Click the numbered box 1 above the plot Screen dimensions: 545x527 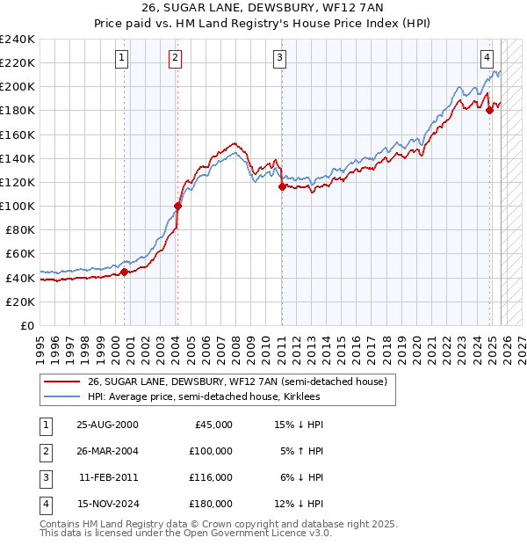pyautogui.click(x=121, y=59)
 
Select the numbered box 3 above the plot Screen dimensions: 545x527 pyautogui.click(x=279, y=59)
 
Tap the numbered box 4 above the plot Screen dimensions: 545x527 pyautogui.click(x=486, y=59)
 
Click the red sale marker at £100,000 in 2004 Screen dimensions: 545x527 pyautogui.click(x=177, y=206)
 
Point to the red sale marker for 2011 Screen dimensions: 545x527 pyautogui.click(x=282, y=186)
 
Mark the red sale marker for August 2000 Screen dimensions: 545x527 pyautogui.click(x=125, y=272)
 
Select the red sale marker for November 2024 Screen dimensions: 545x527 pyautogui.click(x=490, y=110)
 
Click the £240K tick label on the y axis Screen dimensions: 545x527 pyautogui.click(x=17, y=40)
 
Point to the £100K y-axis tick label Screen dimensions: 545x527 pyautogui.click(x=17, y=206)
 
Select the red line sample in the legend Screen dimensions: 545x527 pyautogui.click(x=61, y=381)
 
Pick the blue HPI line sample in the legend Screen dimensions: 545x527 pyautogui.click(x=61, y=397)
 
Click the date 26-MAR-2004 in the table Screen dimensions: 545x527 pyautogui.click(x=107, y=451)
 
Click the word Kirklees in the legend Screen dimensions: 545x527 pyautogui.click(x=300, y=397)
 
